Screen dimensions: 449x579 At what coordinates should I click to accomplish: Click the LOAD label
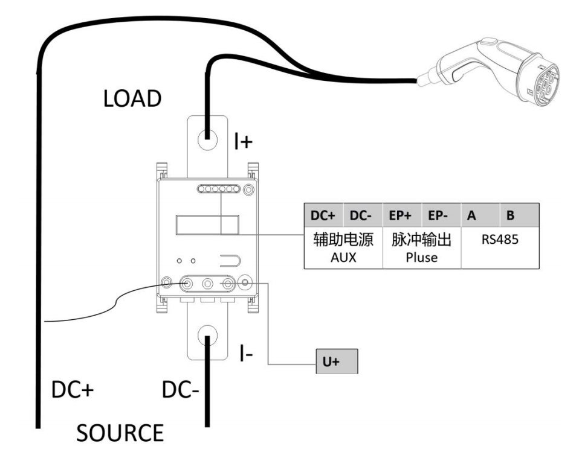[x=132, y=98]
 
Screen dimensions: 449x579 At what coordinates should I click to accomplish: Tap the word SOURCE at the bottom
[x=120, y=433]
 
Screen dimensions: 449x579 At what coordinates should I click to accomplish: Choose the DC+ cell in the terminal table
[x=323, y=214]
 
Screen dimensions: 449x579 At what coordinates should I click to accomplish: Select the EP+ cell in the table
[x=402, y=214]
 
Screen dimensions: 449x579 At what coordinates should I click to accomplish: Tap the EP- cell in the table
[x=441, y=214]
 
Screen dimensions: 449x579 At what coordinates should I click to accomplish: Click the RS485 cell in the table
[x=500, y=240]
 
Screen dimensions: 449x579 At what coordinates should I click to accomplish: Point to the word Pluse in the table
[x=422, y=257]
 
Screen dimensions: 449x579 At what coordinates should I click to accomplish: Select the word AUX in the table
[x=343, y=257]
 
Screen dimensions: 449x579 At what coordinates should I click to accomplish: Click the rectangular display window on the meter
[x=206, y=225]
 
